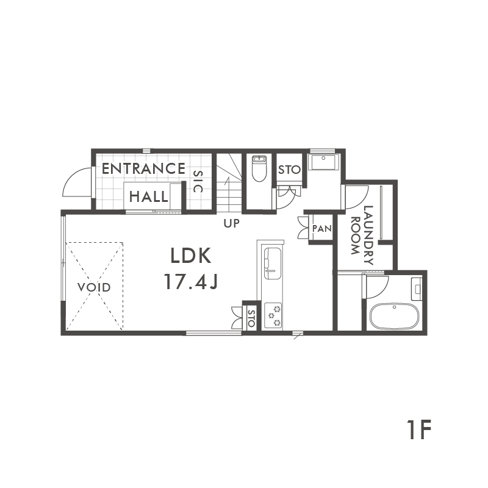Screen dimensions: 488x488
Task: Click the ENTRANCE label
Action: (143, 169)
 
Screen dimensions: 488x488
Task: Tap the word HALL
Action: (148, 196)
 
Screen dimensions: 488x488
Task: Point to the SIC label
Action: (198, 181)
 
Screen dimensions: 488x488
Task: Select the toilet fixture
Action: (258, 168)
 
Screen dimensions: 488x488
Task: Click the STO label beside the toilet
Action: (289, 170)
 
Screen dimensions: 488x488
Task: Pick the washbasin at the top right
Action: (324, 161)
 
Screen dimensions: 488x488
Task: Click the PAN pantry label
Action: (322, 229)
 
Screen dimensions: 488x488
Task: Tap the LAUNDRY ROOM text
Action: (362, 235)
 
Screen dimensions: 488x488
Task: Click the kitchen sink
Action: (273, 264)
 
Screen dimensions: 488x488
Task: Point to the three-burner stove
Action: (273, 315)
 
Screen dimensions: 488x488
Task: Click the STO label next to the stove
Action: (251, 318)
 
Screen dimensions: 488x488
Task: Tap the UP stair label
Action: (232, 223)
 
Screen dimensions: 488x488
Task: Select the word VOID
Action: (94, 287)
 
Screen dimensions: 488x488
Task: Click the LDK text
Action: (191, 256)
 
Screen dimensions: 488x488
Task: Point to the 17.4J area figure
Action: (191, 282)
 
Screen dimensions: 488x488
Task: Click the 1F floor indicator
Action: (418, 429)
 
